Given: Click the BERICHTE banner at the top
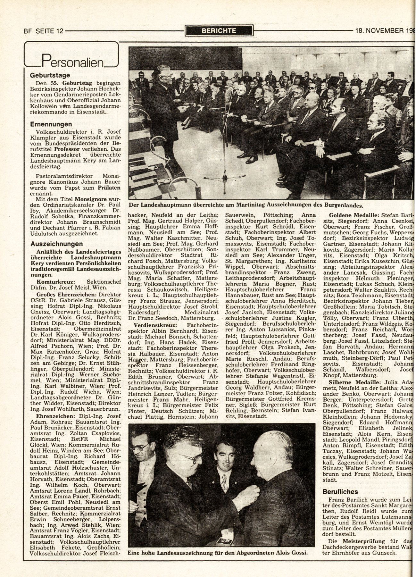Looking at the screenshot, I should click(219, 31).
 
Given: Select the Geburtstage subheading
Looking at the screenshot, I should click(50, 76).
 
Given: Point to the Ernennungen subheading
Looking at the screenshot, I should click(51, 124).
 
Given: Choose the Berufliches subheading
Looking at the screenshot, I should click(340, 492).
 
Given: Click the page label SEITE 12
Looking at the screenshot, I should click(50, 31).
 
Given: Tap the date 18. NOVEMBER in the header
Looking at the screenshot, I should click(379, 31).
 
